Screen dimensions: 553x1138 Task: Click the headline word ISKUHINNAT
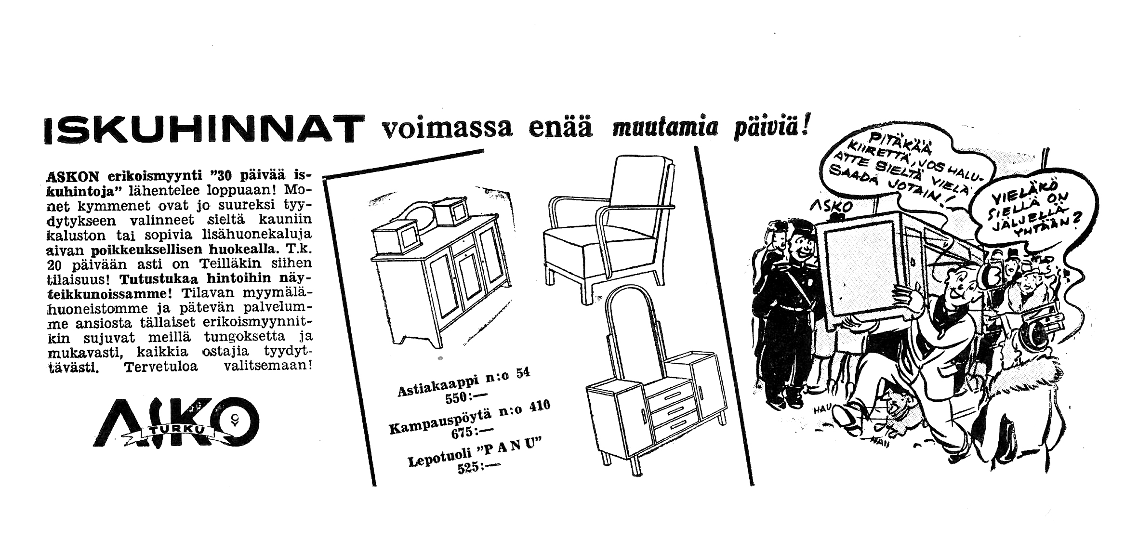pos(202,129)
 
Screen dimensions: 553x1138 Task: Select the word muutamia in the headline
pos(665,129)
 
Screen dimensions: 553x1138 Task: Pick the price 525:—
pos(475,467)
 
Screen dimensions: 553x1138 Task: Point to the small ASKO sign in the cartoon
pos(837,207)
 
